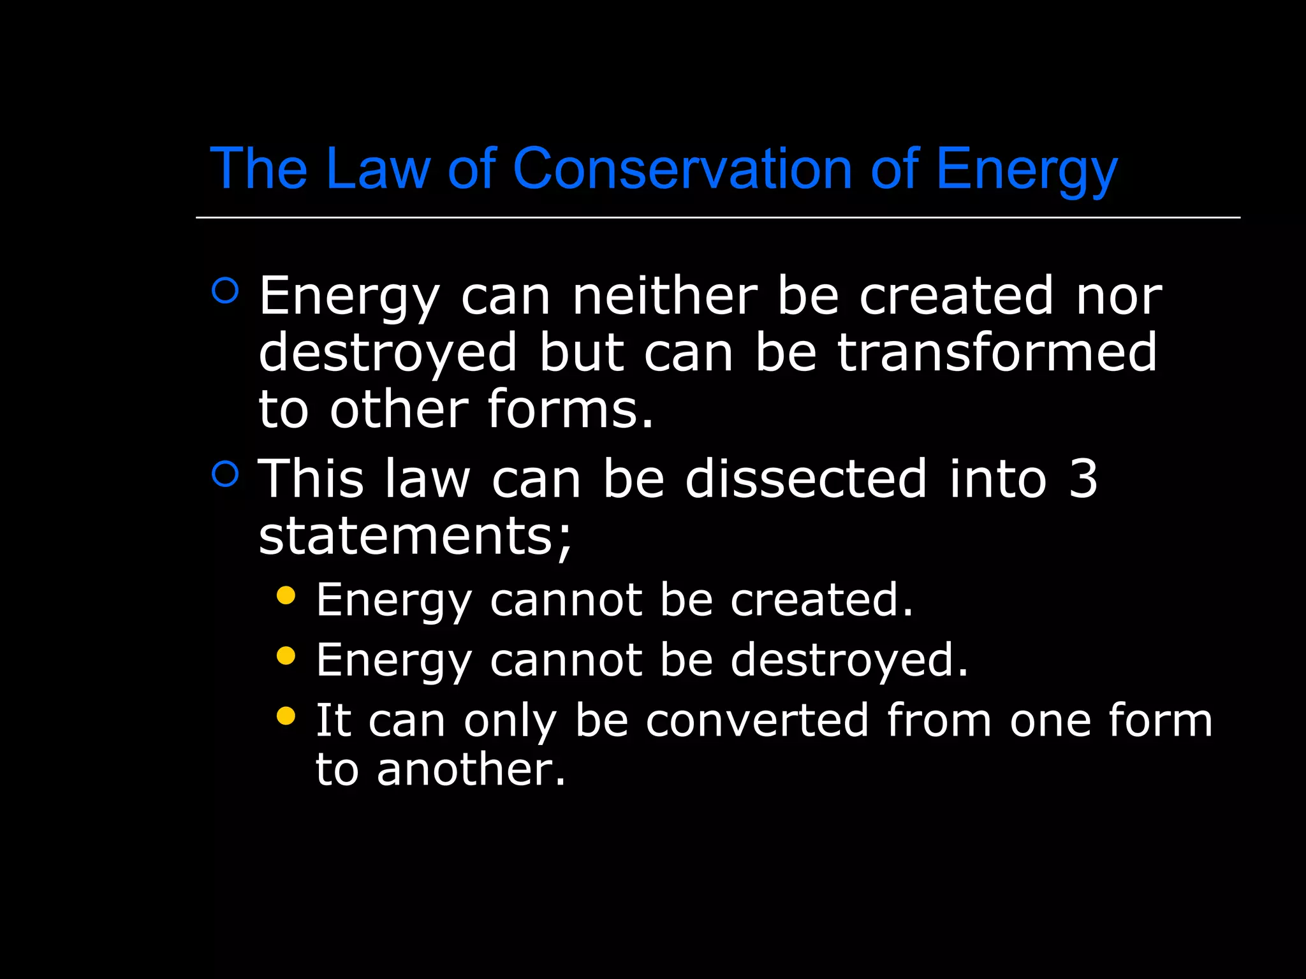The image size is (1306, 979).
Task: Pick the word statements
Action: [x=415, y=535]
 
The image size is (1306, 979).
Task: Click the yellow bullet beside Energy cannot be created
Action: [x=286, y=595]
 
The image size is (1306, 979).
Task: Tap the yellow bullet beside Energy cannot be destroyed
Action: [x=286, y=655]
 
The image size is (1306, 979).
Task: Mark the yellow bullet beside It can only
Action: [x=286, y=716]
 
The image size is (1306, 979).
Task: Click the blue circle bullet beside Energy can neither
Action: [x=225, y=291]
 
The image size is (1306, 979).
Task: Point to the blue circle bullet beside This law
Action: [x=225, y=474]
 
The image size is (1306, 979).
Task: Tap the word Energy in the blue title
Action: [x=1027, y=170]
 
